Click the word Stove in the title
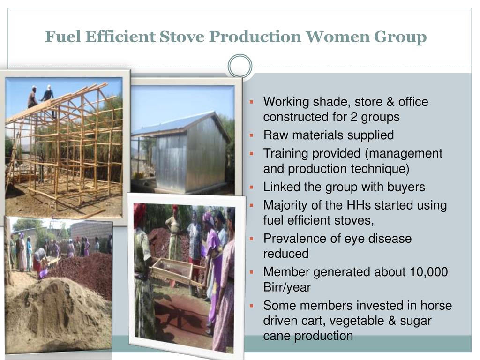(182, 37)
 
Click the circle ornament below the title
(240, 66)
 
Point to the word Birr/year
(287, 287)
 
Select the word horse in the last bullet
(436, 305)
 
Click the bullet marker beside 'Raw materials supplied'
(251, 135)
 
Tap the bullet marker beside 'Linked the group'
(251, 187)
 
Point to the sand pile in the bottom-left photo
(55, 309)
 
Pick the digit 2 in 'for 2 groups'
(354, 117)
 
